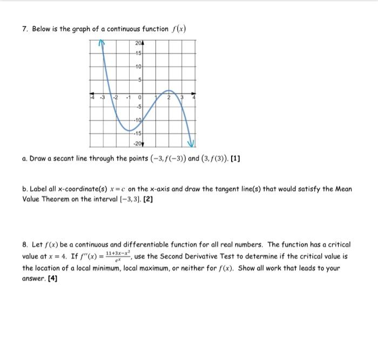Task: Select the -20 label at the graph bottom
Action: tap(138, 142)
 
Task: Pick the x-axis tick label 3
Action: tap(182, 98)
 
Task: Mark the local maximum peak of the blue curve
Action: tap(168, 90)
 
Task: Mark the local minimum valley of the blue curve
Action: tap(133, 130)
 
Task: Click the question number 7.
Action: tap(25, 29)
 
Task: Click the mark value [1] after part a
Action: tap(236, 159)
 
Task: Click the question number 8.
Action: tap(25, 245)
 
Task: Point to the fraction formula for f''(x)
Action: tap(119, 256)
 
